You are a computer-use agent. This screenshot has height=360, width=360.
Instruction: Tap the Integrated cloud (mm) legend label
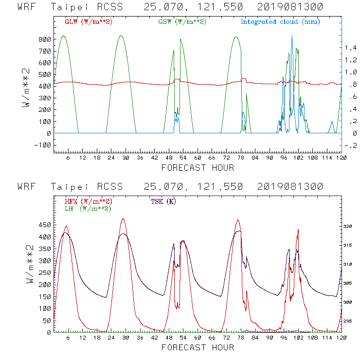280,22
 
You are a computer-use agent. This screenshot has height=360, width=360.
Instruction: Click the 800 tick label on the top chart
44,39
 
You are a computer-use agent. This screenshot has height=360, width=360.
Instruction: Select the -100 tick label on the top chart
42,145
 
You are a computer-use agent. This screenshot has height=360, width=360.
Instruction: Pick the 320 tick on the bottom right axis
349,226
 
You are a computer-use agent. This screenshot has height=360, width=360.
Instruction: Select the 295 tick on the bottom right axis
349,321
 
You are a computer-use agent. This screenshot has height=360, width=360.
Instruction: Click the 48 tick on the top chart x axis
169,158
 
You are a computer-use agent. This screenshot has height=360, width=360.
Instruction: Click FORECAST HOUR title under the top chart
197,168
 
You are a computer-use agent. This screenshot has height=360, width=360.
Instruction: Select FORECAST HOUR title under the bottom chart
197,347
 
